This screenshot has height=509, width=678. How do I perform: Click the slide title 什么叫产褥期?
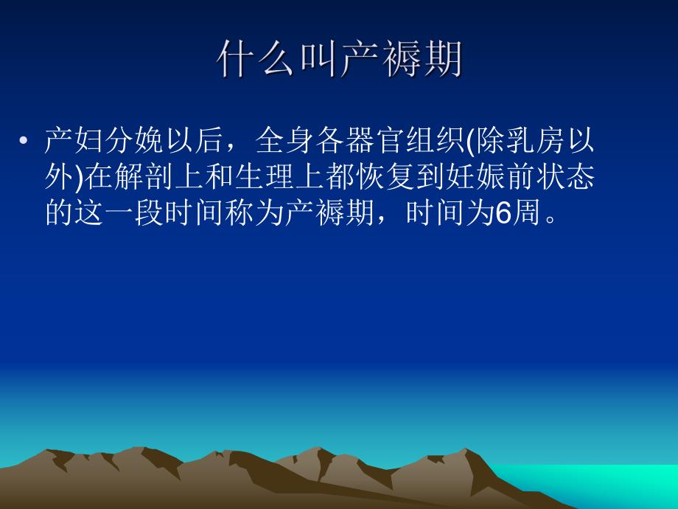pyautogui.click(x=339, y=59)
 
